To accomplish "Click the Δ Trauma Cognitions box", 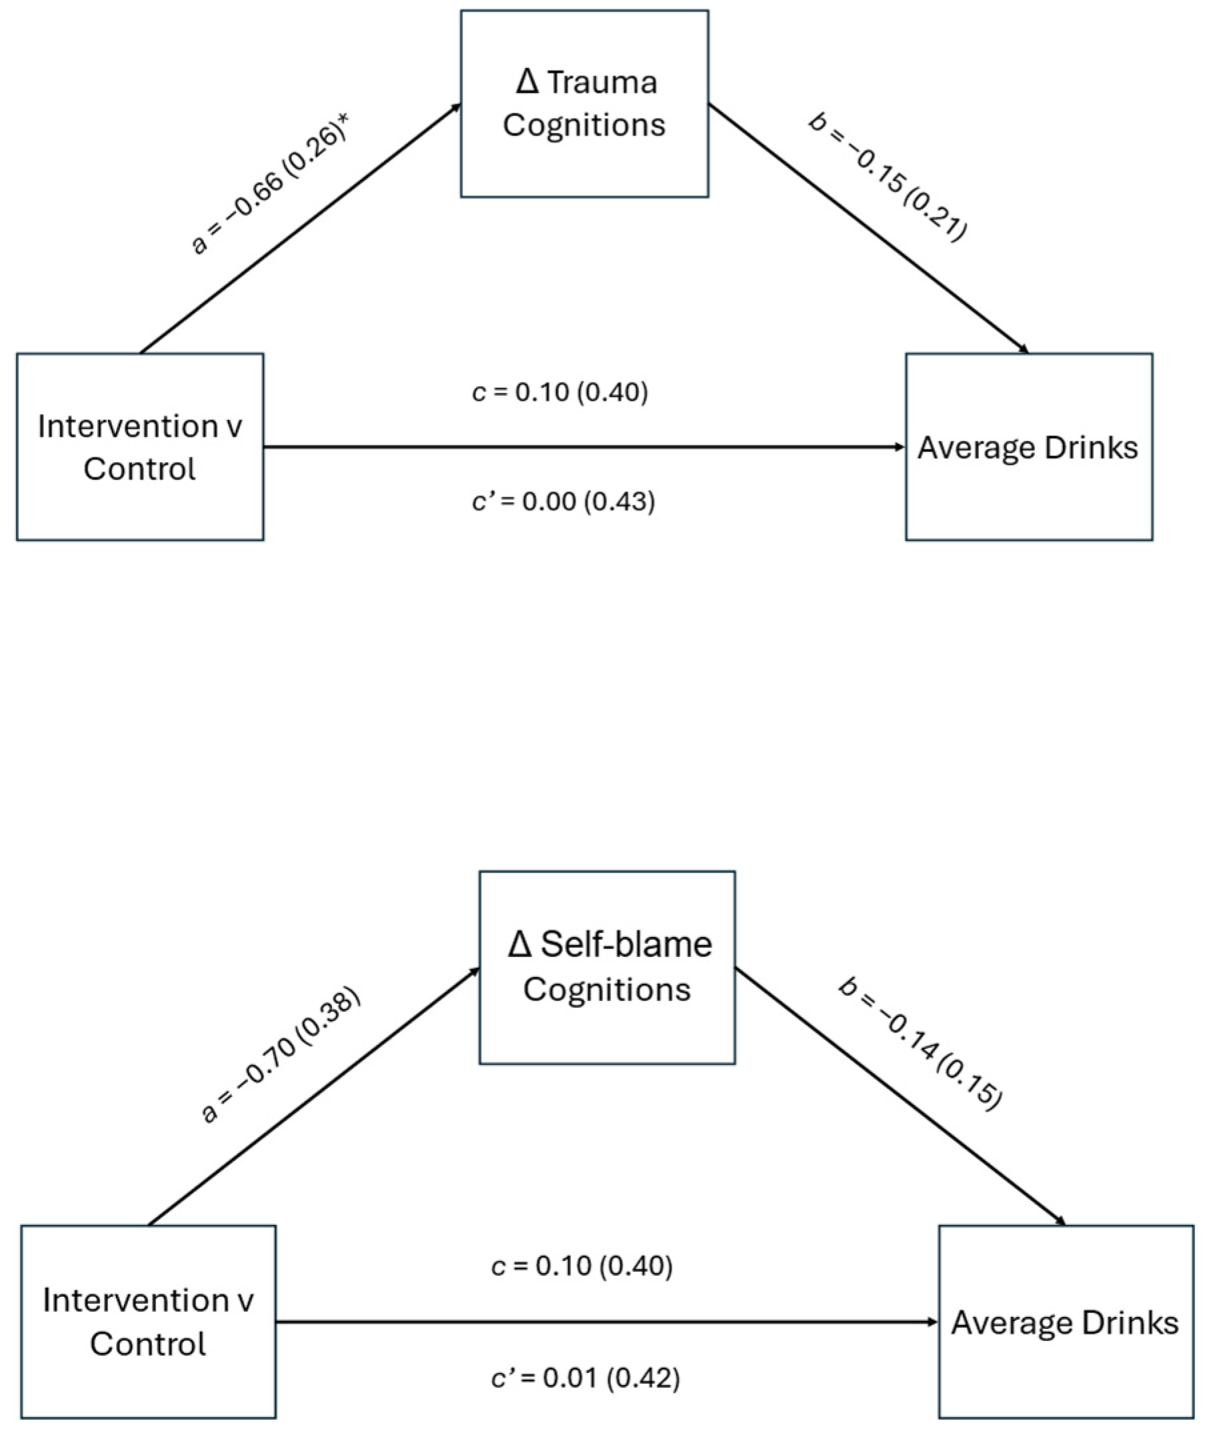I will (x=585, y=104).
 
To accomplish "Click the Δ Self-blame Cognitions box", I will (x=607, y=967).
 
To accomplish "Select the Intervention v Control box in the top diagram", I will (x=140, y=447).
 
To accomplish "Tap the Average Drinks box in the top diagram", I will (x=1028, y=447).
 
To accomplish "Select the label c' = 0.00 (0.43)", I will (x=563, y=502).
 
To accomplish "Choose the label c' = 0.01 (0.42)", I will (x=585, y=1378).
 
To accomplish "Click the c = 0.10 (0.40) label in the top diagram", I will (x=560, y=392).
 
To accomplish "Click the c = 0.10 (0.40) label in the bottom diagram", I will (x=582, y=1266).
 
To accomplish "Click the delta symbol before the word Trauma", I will (x=528, y=82).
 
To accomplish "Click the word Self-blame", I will (x=626, y=945).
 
